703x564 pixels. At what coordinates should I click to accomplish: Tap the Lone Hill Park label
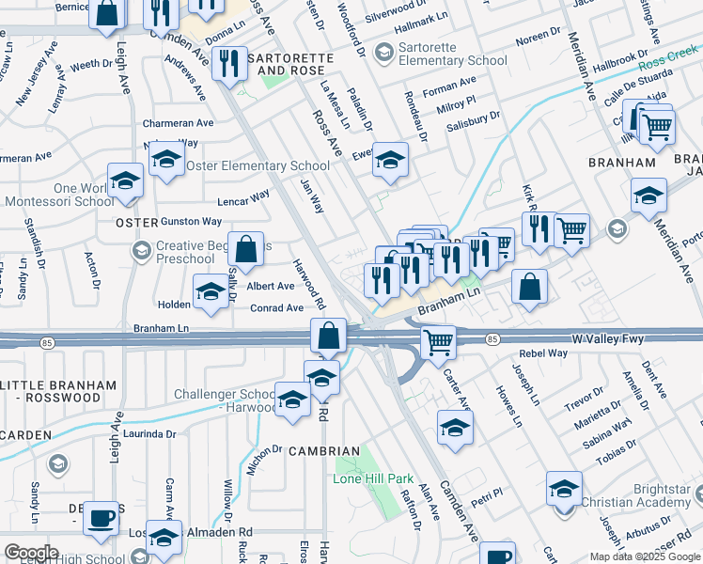[373, 478]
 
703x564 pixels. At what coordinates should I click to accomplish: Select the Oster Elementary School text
[258, 166]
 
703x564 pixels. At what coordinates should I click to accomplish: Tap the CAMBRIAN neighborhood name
[323, 451]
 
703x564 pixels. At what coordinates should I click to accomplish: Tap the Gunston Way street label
[191, 222]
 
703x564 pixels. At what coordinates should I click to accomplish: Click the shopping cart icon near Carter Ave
[439, 342]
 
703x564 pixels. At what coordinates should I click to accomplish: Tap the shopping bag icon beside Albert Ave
[245, 250]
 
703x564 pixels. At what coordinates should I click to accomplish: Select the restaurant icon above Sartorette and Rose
[229, 63]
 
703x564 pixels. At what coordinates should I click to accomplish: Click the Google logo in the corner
[30, 553]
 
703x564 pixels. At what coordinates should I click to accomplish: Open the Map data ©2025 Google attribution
[644, 556]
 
